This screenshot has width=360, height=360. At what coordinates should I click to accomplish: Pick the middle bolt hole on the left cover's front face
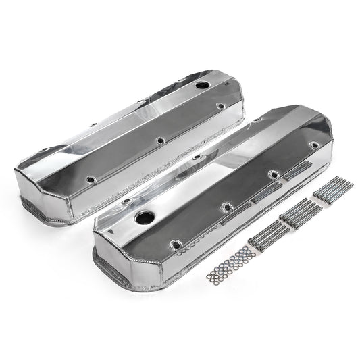159,140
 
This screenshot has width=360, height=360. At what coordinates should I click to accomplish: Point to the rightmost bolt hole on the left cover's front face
220,106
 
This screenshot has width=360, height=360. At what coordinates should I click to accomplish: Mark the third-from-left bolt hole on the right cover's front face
273,173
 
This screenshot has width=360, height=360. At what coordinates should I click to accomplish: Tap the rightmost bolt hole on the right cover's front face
313,145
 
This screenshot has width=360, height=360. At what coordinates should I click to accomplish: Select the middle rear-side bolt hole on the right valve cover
196,157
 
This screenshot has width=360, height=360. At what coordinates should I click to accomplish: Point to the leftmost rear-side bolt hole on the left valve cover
44,149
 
